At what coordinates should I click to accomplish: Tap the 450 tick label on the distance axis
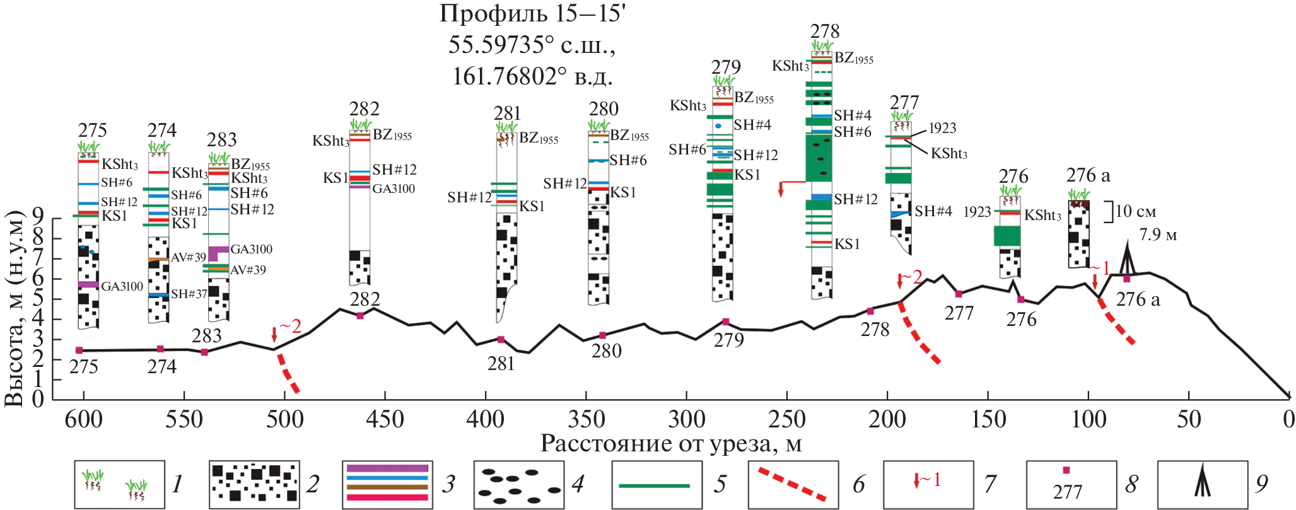coord(385,419)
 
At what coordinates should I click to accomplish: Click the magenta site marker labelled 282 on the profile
coord(360,316)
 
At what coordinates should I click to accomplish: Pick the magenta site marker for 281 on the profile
coord(501,339)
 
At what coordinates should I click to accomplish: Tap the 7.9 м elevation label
coord(1158,235)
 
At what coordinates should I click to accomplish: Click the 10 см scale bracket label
coord(1135,211)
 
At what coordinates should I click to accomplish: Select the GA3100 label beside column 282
coord(394,188)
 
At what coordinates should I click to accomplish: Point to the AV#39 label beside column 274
coord(188,257)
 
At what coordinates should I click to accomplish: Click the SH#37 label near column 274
coord(189,294)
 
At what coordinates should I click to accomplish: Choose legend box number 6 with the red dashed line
coord(793,484)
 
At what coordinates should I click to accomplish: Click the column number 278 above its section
coord(825,32)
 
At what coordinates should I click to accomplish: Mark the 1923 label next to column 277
coord(942,128)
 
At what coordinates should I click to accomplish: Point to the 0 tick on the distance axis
coord(1289,419)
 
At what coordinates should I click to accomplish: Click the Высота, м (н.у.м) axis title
coord(15,309)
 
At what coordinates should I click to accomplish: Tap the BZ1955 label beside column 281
coord(538,139)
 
